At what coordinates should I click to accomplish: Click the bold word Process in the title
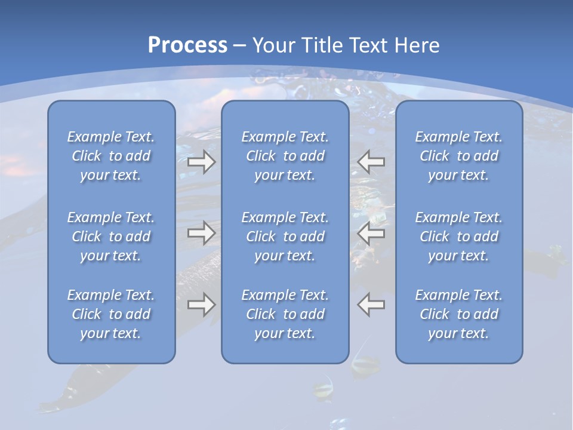click(x=187, y=45)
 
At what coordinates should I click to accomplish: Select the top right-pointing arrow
click(x=201, y=162)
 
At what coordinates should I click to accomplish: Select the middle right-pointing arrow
click(x=201, y=233)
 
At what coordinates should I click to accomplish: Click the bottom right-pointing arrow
click(x=201, y=305)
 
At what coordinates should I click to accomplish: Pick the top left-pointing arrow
click(x=371, y=162)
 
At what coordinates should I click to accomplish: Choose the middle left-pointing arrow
click(x=371, y=233)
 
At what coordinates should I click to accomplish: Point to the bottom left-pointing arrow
click(x=371, y=305)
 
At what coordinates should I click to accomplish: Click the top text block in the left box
click(x=111, y=156)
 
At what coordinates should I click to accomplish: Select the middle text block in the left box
click(x=111, y=236)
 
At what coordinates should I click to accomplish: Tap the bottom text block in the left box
click(x=111, y=314)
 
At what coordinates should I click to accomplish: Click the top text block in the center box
click(x=285, y=156)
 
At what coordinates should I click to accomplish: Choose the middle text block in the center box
click(x=285, y=236)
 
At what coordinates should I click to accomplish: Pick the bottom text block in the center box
click(x=285, y=314)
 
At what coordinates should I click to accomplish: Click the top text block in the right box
click(x=459, y=156)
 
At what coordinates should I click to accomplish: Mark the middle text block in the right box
click(x=459, y=236)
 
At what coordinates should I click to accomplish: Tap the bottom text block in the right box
click(x=459, y=314)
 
